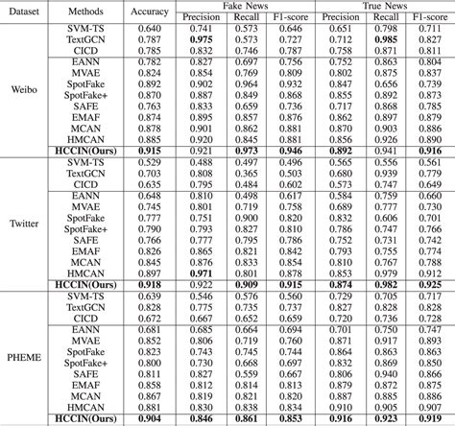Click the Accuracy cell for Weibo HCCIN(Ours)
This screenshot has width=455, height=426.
(149, 151)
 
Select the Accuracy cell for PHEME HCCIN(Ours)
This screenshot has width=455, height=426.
(149, 418)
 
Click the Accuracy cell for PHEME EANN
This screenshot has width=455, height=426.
(149, 330)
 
